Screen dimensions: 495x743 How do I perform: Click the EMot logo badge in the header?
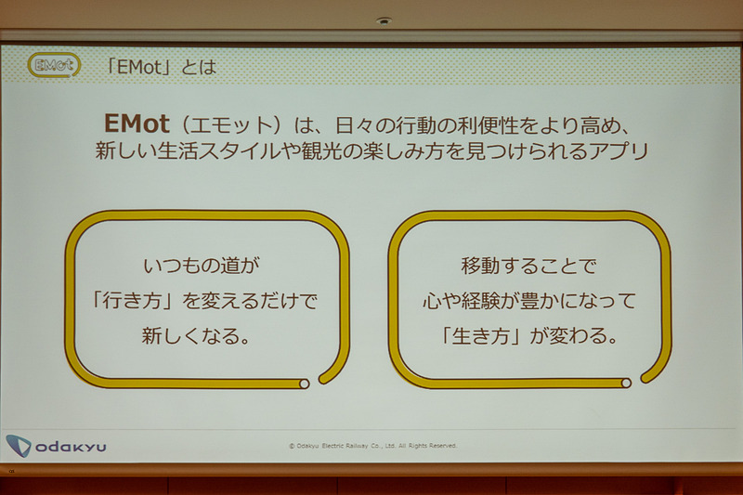54,66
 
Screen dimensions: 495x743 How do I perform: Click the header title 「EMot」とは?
162,66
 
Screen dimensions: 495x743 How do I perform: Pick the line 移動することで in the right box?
527,267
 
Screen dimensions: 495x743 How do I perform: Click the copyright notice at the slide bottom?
371,446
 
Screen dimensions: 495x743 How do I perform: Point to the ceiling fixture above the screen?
385,20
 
